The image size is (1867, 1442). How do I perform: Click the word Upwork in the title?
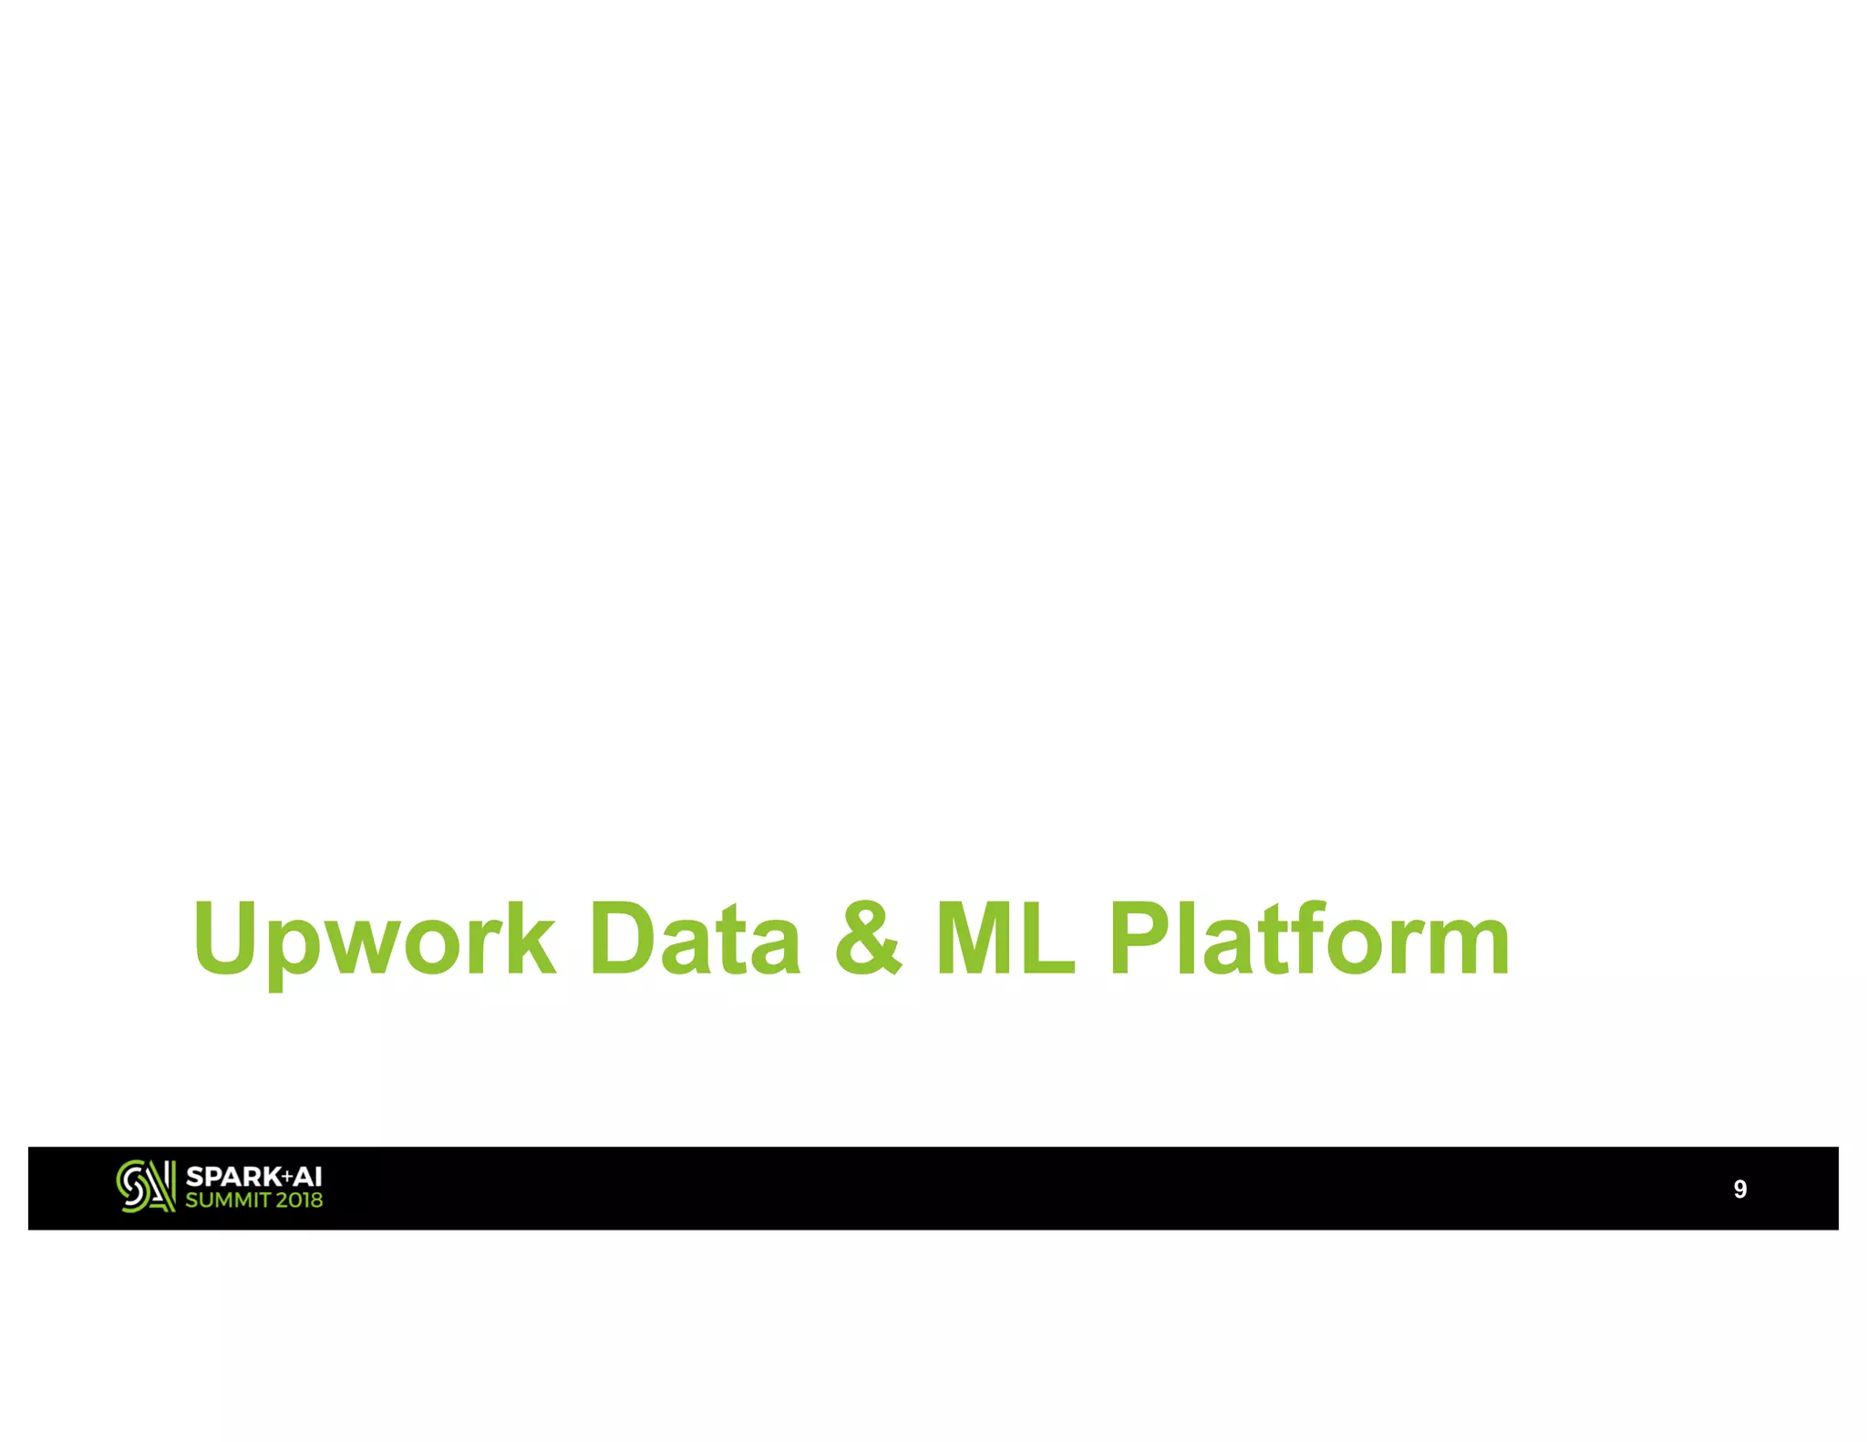[x=374, y=939]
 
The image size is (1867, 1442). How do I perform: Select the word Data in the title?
[x=695, y=939]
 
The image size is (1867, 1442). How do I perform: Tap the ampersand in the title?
[x=868, y=939]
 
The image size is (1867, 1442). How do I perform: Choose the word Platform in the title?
[x=1309, y=939]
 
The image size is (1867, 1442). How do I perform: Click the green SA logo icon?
[x=145, y=1187]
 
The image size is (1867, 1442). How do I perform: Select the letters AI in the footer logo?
[x=307, y=1177]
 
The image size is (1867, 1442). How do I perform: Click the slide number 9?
[x=1739, y=1189]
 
